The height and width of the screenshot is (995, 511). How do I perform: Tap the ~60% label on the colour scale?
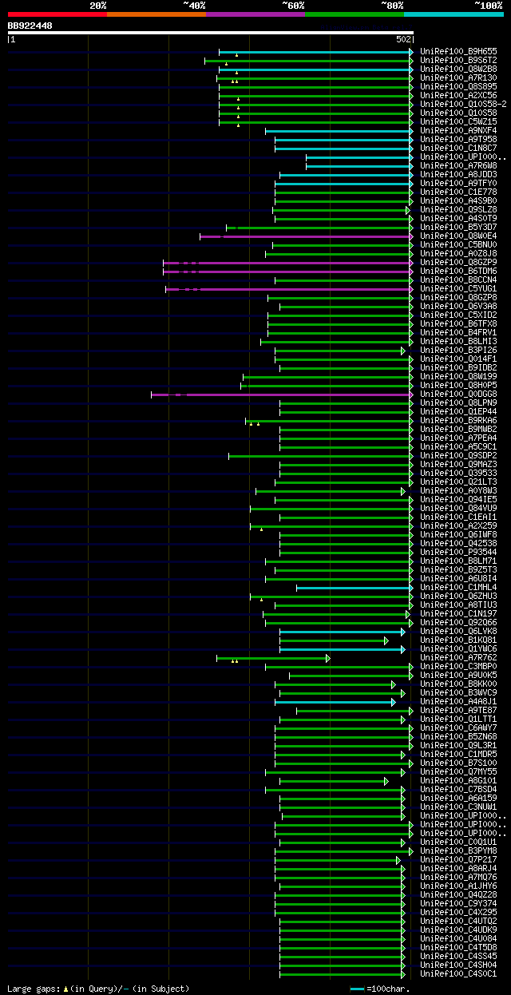pyautogui.click(x=293, y=6)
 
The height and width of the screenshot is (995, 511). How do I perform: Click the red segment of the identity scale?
pyautogui.click(x=57, y=14)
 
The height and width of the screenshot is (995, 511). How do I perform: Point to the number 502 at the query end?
pyautogui.click(x=403, y=39)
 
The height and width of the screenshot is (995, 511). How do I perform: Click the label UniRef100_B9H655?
pyautogui.click(x=458, y=52)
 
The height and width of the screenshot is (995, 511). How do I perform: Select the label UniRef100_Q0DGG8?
pyautogui.click(x=458, y=394)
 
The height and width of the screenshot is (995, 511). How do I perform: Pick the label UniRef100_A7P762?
pyautogui.click(x=458, y=658)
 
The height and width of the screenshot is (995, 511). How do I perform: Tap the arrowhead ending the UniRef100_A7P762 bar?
pyautogui.click(x=327, y=658)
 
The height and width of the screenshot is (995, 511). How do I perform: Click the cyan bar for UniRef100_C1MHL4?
pyautogui.click(x=352, y=588)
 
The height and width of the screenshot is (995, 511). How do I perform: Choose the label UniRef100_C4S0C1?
pyautogui.click(x=458, y=974)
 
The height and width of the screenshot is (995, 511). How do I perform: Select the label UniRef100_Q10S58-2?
pyautogui.click(x=463, y=105)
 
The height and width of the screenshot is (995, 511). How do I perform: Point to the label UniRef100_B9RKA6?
pyautogui.click(x=458, y=421)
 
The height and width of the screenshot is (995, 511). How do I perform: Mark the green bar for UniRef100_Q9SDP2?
pyautogui.click(x=319, y=456)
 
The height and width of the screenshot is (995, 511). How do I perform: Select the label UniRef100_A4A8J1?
pyautogui.click(x=458, y=702)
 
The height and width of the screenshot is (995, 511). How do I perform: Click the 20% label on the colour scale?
pyautogui.click(x=98, y=6)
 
